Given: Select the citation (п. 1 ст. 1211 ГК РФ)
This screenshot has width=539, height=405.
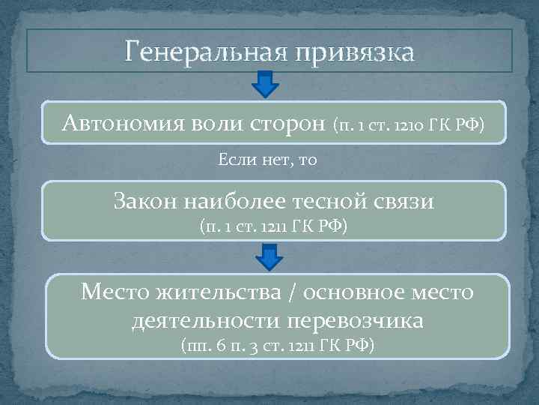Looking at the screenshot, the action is [273, 225].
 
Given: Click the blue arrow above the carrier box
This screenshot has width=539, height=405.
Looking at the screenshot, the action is [269, 259].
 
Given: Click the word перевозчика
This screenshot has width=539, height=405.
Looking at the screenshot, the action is [356, 322].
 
